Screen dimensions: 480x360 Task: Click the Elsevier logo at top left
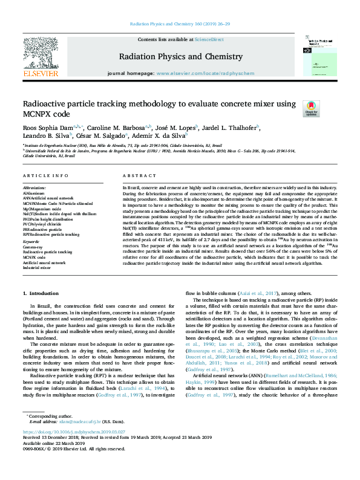click(x=41, y=59)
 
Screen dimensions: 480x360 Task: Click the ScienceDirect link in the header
click(x=209, y=39)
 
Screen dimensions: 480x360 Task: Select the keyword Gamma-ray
click(x=33, y=247)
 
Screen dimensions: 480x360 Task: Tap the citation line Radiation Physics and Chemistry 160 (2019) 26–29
click(x=180, y=25)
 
